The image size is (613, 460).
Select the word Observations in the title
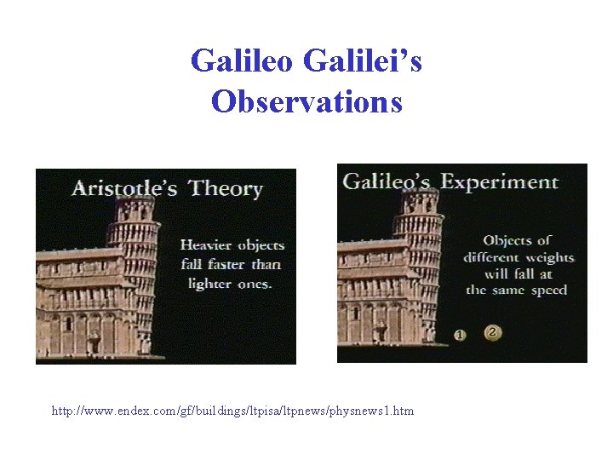click(306, 101)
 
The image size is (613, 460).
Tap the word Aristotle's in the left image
click(124, 187)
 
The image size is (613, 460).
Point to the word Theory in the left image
click(226, 188)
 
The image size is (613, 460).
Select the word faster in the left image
click(226, 264)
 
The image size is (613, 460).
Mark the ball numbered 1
click(461, 335)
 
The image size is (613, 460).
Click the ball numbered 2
click(491, 332)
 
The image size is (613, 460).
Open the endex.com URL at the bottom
click(232, 411)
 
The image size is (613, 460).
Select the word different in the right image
click(492, 257)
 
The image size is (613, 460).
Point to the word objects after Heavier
click(261, 244)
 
